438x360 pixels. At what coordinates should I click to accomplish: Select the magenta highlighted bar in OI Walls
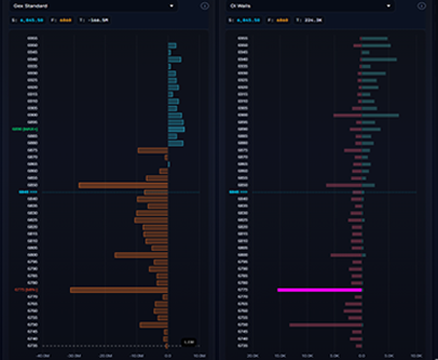319,290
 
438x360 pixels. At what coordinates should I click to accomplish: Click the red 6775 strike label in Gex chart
25,290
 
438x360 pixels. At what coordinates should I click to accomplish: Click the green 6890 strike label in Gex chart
24,127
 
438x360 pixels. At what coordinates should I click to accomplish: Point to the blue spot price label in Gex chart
24,193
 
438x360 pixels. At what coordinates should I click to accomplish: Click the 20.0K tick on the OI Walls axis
252,354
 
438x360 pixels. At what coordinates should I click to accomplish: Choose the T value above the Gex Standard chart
94,20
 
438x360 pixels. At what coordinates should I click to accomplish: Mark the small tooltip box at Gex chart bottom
189,342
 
